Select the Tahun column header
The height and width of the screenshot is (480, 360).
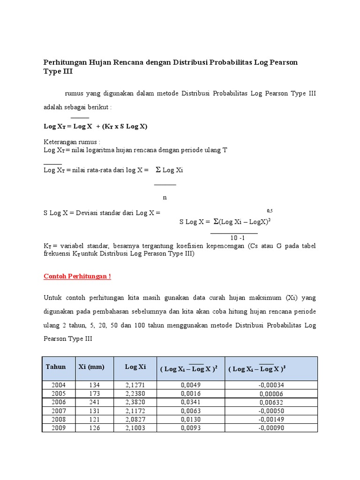(x=56, y=367)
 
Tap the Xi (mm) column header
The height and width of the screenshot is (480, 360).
(x=91, y=367)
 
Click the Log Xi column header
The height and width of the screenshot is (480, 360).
(x=135, y=367)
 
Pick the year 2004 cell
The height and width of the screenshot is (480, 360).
(x=59, y=385)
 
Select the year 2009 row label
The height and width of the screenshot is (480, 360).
(x=59, y=428)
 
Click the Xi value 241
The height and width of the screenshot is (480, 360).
(x=94, y=402)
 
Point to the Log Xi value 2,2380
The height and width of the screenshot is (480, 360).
(x=135, y=393)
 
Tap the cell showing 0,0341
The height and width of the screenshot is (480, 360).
(x=191, y=402)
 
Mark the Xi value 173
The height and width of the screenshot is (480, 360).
(x=94, y=393)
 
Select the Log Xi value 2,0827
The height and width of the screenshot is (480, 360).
(x=135, y=420)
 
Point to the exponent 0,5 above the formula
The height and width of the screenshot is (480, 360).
(x=270, y=211)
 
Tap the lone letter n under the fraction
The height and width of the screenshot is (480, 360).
(x=165, y=197)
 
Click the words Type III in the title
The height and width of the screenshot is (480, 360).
(x=59, y=72)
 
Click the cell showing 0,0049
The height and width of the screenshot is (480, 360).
(x=191, y=385)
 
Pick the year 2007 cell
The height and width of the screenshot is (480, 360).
(x=59, y=411)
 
